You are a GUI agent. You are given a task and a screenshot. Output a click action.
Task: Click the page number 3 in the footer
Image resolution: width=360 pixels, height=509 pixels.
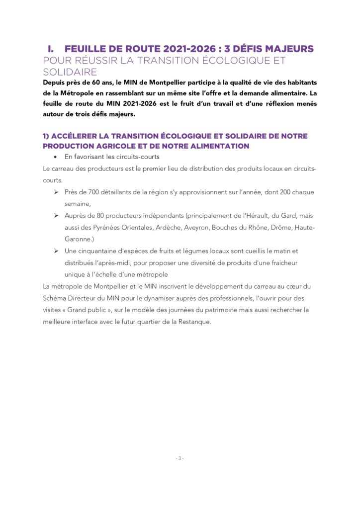pos(180,458)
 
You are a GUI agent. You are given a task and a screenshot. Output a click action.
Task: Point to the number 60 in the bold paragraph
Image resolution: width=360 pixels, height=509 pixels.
pos(86,82)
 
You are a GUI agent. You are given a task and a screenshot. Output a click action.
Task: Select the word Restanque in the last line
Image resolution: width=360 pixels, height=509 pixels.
pos(192,321)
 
